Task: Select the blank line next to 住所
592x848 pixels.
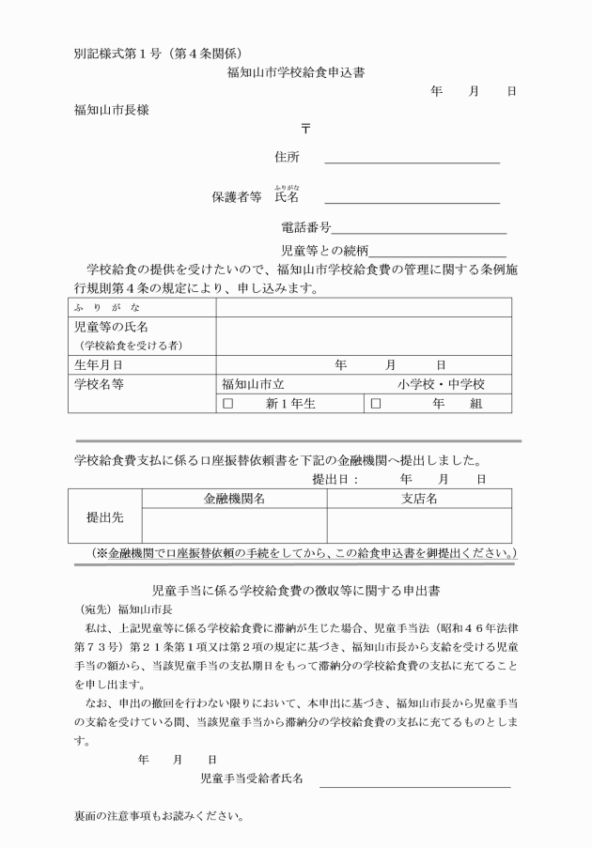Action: tap(412, 162)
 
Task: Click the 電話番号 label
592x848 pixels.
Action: tap(306, 227)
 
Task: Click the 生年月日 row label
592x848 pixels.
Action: tap(99, 364)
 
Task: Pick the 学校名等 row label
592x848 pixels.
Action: tap(99, 384)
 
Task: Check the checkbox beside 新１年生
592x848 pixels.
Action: tap(226, 404)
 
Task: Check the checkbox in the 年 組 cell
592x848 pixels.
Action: tap(376, 404)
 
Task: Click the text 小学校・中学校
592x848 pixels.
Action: tap(440, 384)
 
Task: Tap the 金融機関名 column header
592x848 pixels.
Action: tap(234, 499)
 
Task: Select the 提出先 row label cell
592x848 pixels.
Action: tap(105, 517)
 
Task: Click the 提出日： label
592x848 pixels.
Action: tap(336, 479)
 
